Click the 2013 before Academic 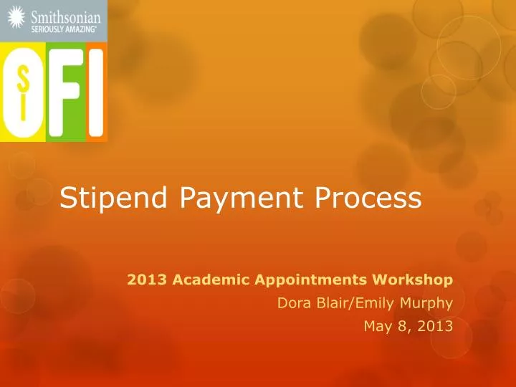tap(143, 279)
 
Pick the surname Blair tap(330, 302)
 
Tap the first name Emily tap(370, 302)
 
